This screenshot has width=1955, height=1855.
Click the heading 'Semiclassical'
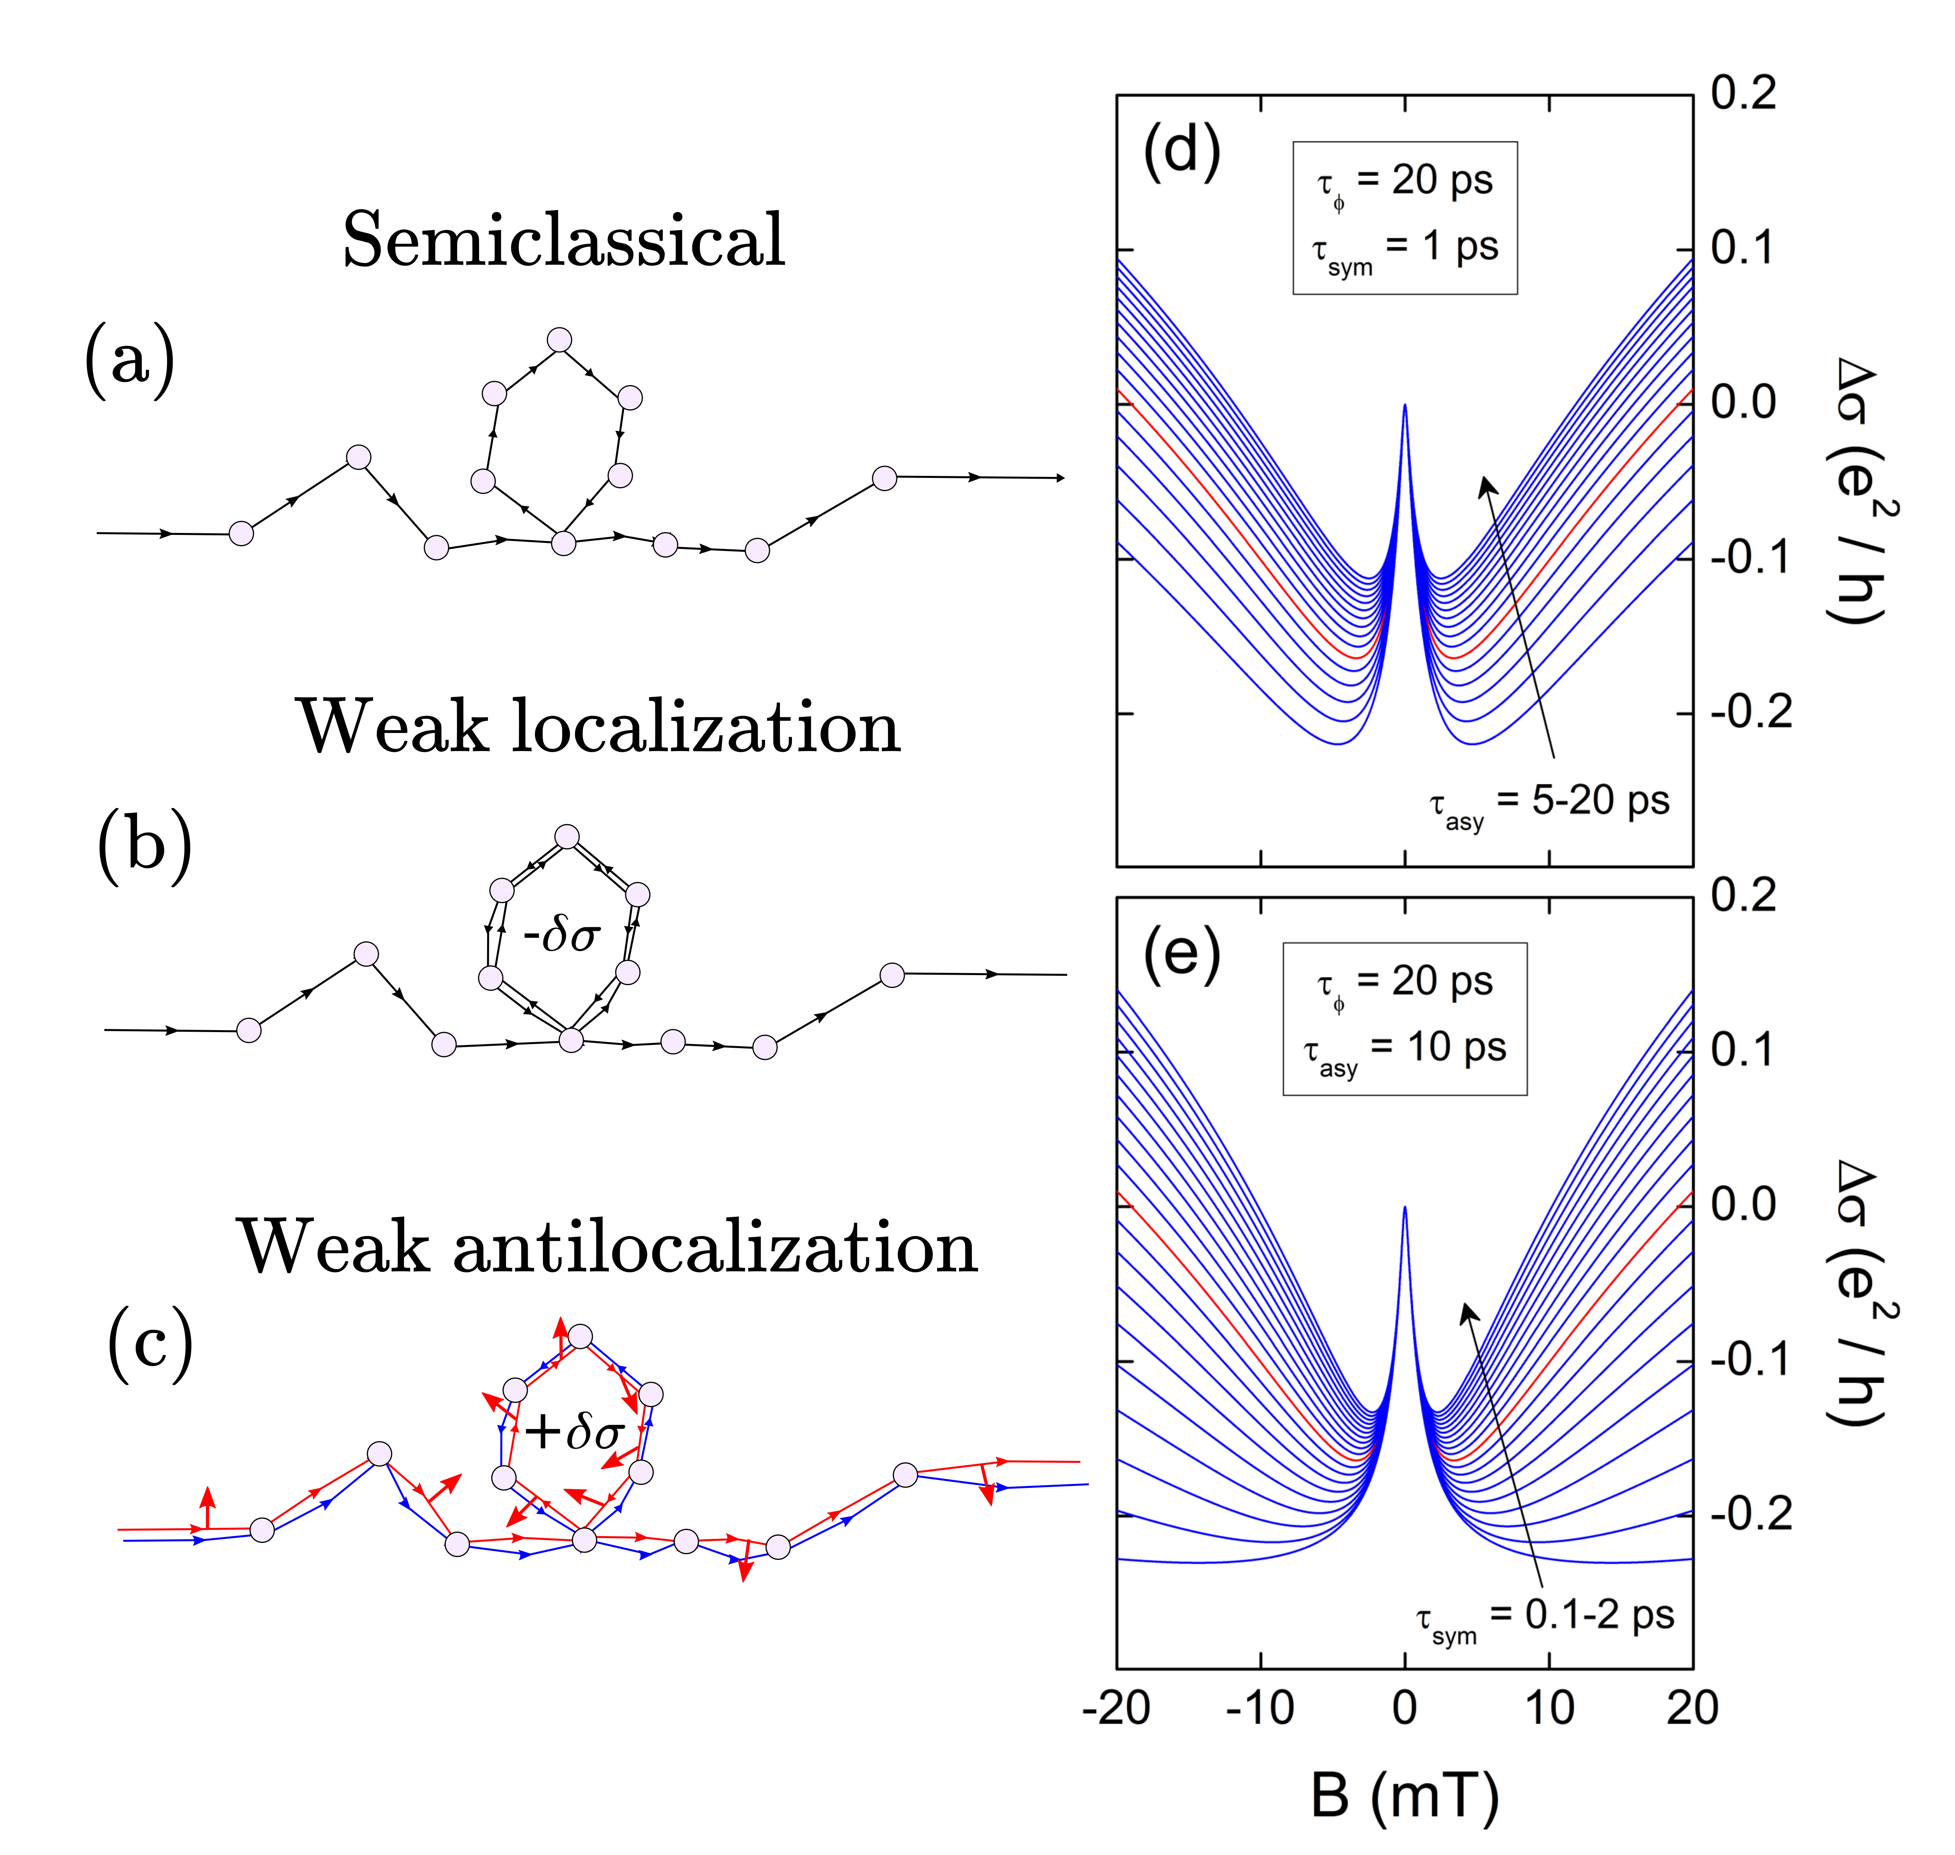(564, 240)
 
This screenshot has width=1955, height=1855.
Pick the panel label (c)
(150, 1345)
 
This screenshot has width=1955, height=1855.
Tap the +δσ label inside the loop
(573, 1431)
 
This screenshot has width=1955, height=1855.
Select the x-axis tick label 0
(1404, 1708)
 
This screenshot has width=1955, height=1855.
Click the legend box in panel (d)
(1404, 218)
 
